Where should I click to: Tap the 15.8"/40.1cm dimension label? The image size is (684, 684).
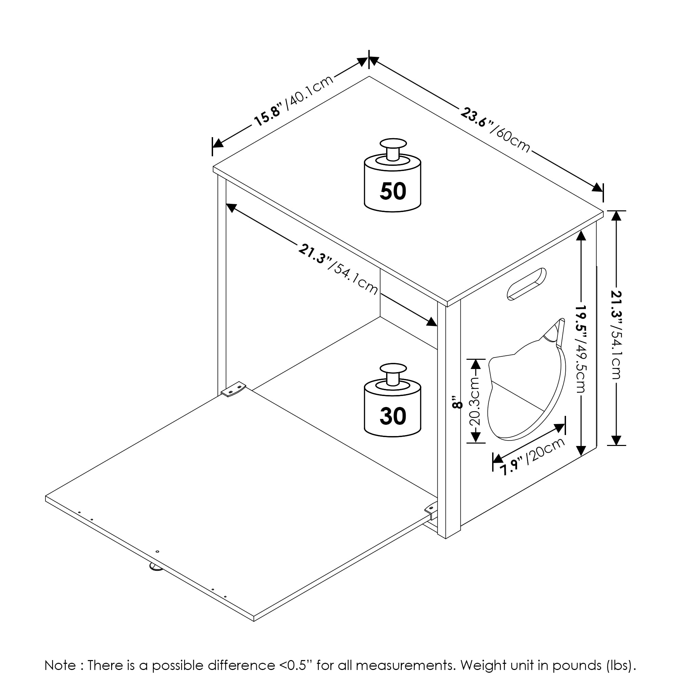point(294,100)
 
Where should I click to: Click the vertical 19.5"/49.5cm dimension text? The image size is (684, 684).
point(581,349)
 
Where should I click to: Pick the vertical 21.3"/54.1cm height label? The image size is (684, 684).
point(616,334)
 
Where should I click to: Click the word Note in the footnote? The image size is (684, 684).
point(60,665)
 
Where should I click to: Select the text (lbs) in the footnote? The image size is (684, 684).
point(621,665)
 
